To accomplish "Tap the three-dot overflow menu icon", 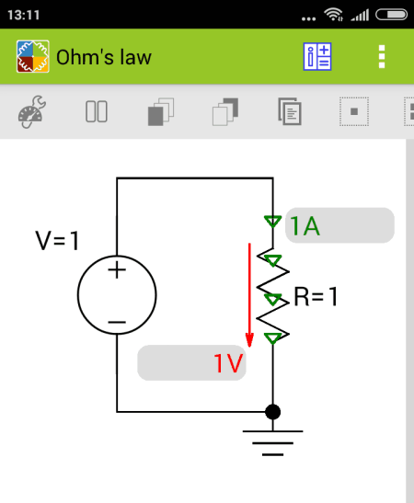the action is (x=382, y=57).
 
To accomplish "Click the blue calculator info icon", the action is (x=317, y=57).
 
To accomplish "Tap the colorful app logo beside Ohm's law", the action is (x=33, y=56).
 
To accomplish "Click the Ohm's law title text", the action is (x=104, y=57).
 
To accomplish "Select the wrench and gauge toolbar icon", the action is (x=32, y=111).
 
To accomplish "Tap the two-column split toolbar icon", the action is (x=97, y=111).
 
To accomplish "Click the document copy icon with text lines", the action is (x=290, y=111).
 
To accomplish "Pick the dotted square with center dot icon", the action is (x=354, y=111).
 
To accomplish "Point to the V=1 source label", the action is (x=57, y=241).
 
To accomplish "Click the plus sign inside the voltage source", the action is (x=117, y=269).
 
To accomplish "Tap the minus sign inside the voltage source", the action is (x=117, y=322).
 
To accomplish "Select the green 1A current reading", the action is (x=305, y=226).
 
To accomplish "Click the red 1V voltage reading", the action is (x=228, y=363).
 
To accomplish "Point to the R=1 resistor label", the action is (x=316, y=296).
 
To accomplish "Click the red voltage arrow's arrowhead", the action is (x=249, y=340).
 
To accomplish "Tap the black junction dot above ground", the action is (x=273, y=412).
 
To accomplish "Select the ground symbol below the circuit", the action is (x=273, y=443).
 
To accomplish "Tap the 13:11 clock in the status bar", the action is (x=23, y=15).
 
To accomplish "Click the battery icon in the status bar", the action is (x=392, y=15).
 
